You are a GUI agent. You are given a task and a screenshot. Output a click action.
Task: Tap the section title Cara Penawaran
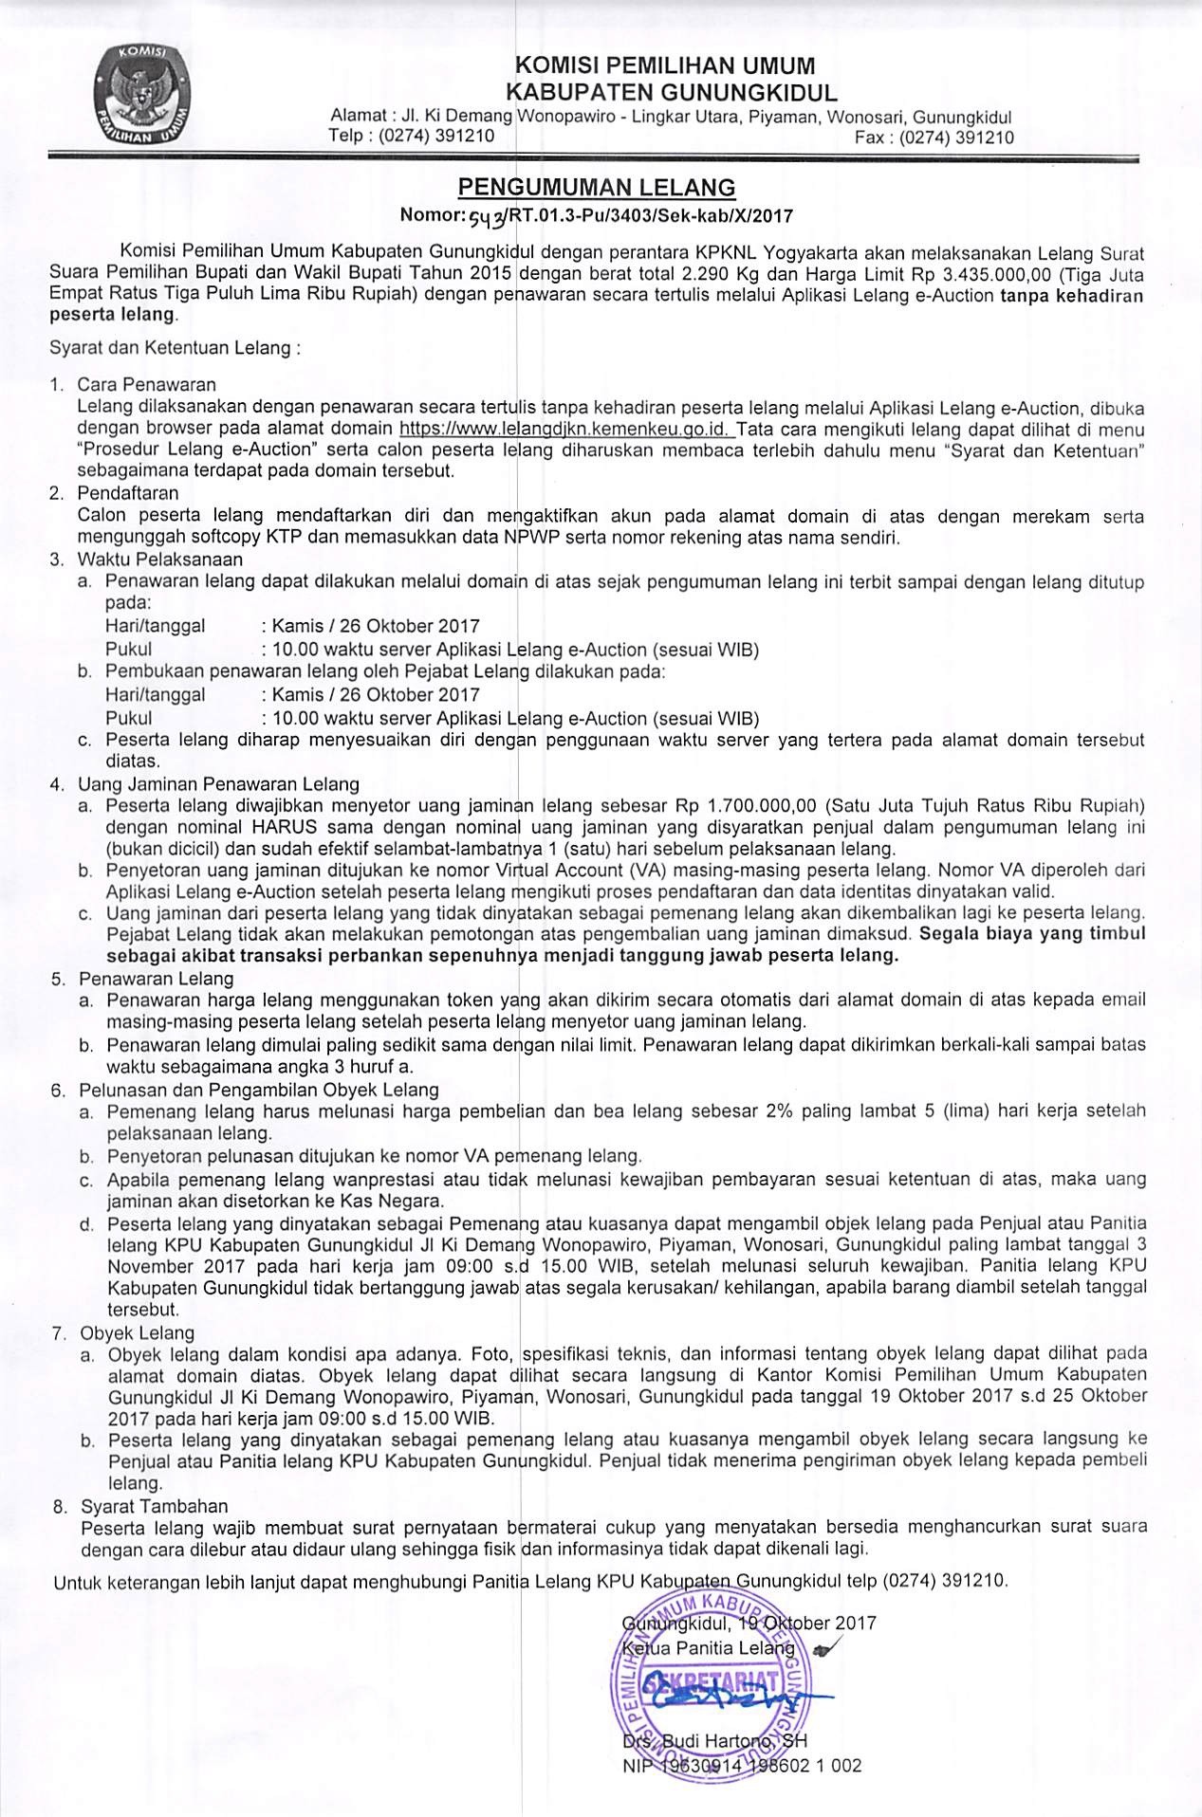147,384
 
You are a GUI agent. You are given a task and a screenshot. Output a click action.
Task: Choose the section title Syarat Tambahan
155,1505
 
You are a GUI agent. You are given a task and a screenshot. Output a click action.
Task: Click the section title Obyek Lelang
137,1332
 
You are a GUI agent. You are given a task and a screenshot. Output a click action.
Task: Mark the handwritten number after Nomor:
490,216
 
